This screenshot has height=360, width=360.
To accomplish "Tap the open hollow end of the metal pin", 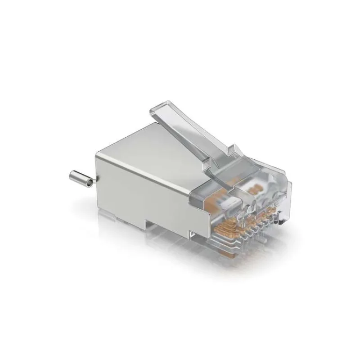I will click(x=90, y=183).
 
